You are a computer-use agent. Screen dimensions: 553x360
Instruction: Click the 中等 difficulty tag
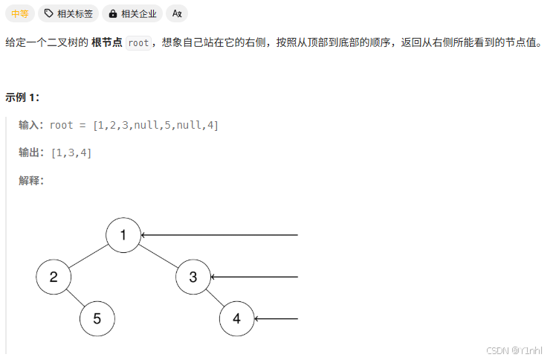point(19,13)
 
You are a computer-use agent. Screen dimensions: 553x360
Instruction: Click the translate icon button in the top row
point(177,13)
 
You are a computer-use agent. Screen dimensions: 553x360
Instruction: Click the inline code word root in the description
point(138,43)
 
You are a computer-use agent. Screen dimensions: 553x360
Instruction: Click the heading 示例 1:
point(22,97)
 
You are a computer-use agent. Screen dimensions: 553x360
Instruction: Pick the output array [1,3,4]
point(71,152)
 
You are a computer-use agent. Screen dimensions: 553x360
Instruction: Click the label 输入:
point(31,125)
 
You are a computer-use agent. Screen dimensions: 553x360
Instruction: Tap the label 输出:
point(31,152)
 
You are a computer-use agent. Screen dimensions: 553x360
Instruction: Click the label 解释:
point(31,180)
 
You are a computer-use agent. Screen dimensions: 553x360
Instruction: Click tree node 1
point(123,236)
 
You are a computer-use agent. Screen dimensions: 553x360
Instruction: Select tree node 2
point(54,277)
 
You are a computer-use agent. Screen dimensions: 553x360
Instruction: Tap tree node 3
point(193,277)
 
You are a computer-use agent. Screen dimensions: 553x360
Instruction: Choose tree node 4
point(237,319)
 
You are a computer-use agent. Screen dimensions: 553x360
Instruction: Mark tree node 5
point(97,319)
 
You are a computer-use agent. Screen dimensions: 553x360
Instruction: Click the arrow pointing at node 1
point(219,236)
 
